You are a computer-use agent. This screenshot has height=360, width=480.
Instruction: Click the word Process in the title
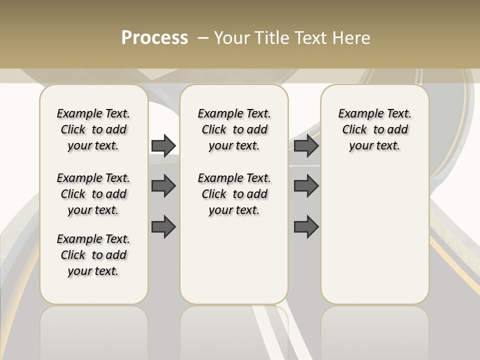click(154, 38)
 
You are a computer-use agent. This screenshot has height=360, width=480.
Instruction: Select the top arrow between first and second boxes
click(163, 145)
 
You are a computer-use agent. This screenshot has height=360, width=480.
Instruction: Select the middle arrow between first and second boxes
click(163, 186)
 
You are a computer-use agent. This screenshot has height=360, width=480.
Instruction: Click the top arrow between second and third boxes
click(306, 145)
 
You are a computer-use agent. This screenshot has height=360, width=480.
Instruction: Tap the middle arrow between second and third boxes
click(306, 186)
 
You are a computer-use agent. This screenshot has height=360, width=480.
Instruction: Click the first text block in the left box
click(93, 129)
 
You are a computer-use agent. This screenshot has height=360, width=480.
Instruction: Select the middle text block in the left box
click(93, 194)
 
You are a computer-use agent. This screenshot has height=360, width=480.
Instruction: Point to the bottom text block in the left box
click(93, 255)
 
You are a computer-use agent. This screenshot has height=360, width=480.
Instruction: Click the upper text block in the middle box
click(234, 129)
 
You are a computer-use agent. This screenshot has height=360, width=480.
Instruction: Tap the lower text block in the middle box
click(234, 194)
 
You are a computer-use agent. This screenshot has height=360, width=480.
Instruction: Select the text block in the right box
click(374, 129)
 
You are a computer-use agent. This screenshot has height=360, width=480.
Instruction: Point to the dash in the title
click(203, 38)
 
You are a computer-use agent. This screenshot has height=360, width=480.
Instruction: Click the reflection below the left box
click(93, 332)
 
